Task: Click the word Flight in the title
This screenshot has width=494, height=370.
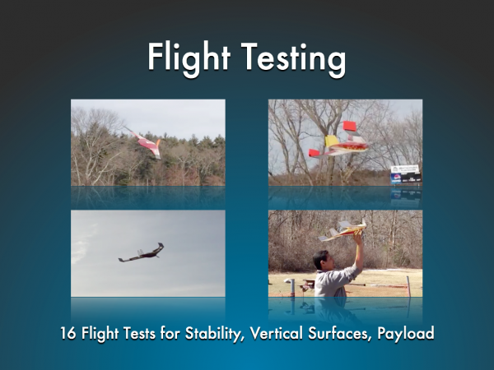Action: (x=189, y=58)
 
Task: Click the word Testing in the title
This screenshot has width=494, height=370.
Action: (x=294, y=58)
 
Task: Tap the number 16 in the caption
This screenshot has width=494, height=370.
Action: (x=68, y=333)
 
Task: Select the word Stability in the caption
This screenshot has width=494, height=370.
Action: (x=212, y=333)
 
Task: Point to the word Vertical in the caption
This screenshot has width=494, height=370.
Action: (x=277, y=332)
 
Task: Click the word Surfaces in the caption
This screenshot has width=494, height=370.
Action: (x=338, y=333)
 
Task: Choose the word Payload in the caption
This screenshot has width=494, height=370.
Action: (x=406, y=334)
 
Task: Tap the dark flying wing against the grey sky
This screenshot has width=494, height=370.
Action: (x=142, y=252)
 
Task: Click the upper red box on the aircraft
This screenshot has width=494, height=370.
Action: (x=349, y=126)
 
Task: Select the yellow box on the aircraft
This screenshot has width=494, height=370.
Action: (x=331, y=141)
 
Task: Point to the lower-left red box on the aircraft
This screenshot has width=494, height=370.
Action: (x=315, y=153)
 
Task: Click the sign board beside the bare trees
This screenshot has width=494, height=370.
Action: (x=405, y=173)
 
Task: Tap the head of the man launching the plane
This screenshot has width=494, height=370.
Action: (x=322, y=260)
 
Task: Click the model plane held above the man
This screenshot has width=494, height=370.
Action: (x=343, y=230)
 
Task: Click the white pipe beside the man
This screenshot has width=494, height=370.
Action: (x=291, y=287)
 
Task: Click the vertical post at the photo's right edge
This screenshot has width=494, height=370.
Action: (x=408, y=286)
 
